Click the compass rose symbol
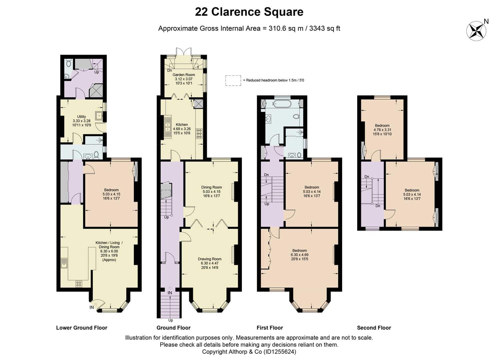click(476, 31)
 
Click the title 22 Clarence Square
click(249, 12)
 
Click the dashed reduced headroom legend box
click(233, 80)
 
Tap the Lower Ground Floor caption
click(82, 328)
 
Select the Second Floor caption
click(374, 328)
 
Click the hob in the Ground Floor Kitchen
click(199, 134)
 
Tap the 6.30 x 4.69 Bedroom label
click(299, 255)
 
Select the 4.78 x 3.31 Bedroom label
click(382, 130)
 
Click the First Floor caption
click(270, 328)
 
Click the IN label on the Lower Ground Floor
click(92, 307)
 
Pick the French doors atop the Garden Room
click(184, 51)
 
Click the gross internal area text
click(249, 28)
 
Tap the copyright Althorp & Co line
click(249, 352)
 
